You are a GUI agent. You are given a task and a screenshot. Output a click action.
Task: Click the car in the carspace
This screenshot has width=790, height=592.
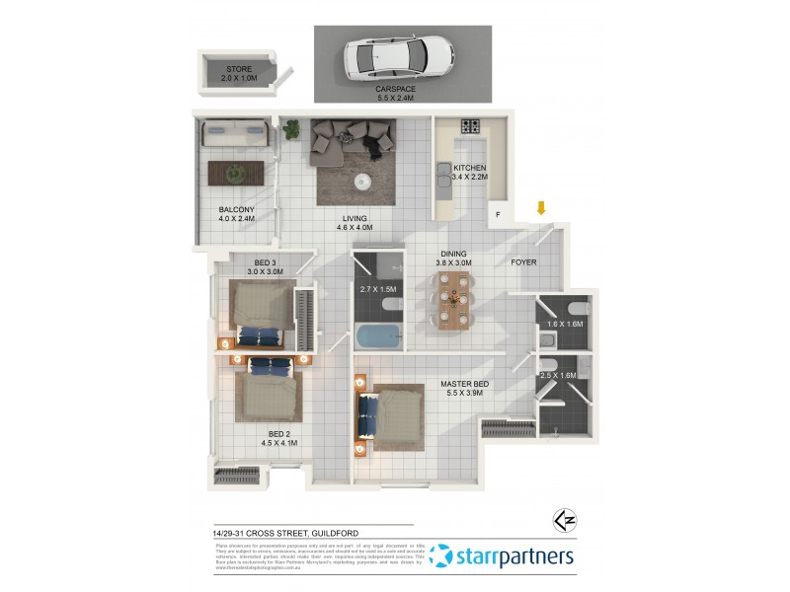point(398,60)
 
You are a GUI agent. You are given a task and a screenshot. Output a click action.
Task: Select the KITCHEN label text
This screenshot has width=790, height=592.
point(470,168)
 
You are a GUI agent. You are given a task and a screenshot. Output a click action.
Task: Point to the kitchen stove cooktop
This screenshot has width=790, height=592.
point(471,126)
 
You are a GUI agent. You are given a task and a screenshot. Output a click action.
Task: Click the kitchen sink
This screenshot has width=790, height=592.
point(441,178)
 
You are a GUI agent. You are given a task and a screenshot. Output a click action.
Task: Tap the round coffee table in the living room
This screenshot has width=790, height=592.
point(362,181)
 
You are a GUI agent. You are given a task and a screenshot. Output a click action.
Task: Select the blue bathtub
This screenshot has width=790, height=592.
point(379,336)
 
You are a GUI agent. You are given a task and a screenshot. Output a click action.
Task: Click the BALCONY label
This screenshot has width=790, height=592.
point(237,209)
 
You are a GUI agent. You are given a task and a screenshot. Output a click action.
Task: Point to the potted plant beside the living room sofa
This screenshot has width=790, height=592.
point(291,127)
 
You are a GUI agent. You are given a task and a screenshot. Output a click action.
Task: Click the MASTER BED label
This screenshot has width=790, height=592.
point(465,385)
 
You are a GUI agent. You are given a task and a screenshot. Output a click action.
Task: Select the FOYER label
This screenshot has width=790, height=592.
point(523,262)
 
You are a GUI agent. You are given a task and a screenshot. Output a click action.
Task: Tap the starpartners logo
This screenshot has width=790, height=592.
point(503,556)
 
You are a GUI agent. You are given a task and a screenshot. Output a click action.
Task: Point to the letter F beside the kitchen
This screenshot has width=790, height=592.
point(499,214)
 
